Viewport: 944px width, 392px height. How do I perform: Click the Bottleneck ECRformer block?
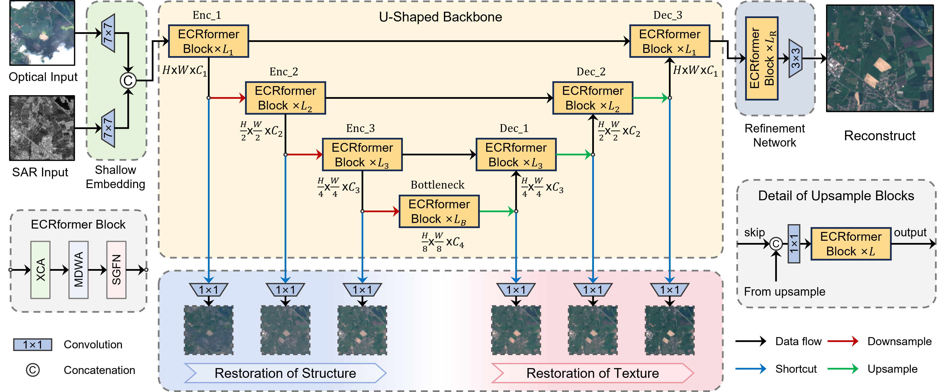[439, 211]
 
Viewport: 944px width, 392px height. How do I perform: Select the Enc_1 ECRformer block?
[209, 41]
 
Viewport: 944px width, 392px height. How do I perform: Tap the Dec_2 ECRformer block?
[593, 98]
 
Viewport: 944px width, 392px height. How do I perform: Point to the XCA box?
[41, 270]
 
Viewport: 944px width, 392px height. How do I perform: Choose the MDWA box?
[78, 270]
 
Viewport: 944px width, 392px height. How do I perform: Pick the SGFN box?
[116, 270]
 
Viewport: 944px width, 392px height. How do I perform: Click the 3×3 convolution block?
[795, 58]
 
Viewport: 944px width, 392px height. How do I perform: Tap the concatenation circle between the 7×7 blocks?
[128, 80]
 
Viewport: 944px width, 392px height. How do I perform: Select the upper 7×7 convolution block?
[108, 33]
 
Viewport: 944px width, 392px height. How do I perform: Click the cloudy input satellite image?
[42, 33]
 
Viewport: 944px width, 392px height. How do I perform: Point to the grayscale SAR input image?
[42, 128]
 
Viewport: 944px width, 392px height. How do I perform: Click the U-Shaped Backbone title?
[440, 17]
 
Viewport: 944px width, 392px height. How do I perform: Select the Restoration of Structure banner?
[285, 373]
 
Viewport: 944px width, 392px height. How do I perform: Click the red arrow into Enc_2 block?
[227, 98]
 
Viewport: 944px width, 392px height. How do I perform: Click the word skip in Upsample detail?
[754, 232]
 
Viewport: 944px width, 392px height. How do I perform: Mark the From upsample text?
[784, 292]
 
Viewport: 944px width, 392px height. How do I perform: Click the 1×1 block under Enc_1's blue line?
[209, 290]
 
